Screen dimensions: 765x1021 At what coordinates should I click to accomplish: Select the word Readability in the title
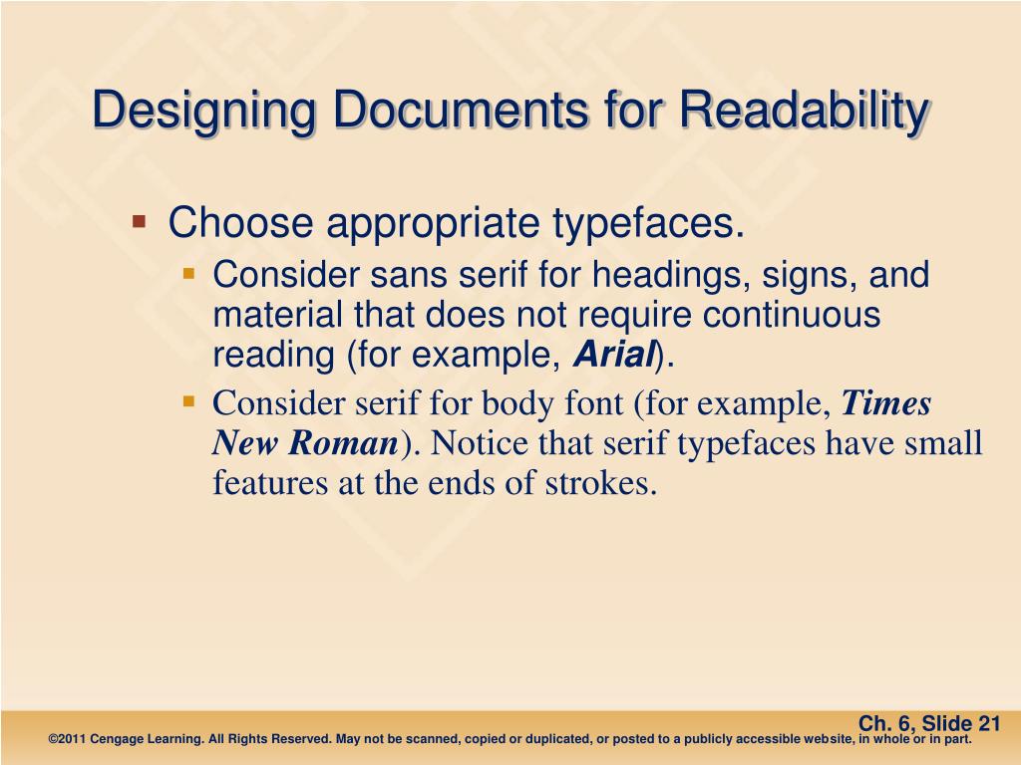point(803,112)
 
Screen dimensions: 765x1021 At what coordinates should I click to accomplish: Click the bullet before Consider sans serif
point(189,270)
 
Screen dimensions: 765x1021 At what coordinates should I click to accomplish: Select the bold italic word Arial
point(613,354)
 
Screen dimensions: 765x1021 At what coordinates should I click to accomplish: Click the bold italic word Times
point(886,404)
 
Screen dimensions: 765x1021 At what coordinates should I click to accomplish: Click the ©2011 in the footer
point(68,740)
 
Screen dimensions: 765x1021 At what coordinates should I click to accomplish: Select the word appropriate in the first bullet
point(435,223)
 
